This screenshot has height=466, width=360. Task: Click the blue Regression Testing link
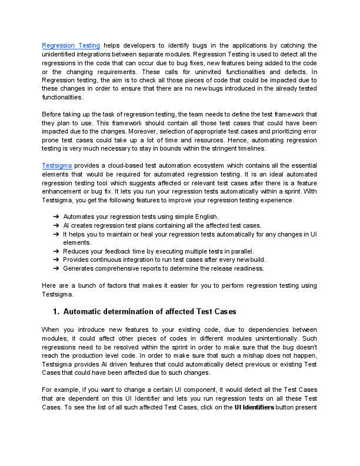click(x=71, y=45)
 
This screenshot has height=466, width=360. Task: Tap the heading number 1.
click(x=56, y=311)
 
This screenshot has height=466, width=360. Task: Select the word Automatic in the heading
click(x=84, y=311)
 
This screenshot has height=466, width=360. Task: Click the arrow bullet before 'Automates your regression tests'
click(x=56, y=217)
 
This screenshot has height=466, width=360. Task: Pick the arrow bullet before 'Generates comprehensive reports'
click(x=56, y=268)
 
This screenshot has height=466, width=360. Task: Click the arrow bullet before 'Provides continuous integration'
click(x=56, y=259)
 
